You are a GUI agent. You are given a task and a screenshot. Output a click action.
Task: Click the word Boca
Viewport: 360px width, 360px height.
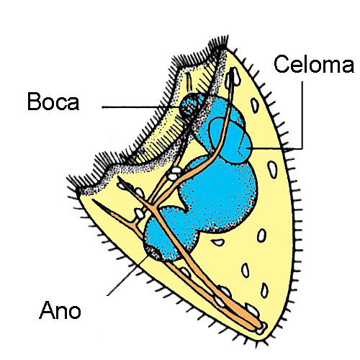click(x=53, y=102)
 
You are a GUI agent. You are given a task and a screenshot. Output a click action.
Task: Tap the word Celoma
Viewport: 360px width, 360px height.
click(x=314, y=64)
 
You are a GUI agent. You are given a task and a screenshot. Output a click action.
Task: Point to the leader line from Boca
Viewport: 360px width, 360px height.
click(x=141, y=107)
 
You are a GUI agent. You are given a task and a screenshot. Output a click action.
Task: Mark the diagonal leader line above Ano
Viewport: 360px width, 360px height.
click(x=127, y=276)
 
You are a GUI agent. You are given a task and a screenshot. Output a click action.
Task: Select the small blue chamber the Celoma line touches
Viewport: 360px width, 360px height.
click(x=230, y=139)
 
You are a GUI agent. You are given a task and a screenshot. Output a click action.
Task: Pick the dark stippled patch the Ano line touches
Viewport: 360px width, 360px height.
click(x=153, y=253)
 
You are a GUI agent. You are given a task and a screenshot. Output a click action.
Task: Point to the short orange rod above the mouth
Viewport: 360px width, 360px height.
click(x=189, y=82)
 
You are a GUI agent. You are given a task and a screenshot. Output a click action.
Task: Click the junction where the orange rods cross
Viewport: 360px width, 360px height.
click(x=153, y=207)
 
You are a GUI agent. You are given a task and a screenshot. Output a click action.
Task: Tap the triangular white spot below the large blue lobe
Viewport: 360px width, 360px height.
click(x=218, y=242)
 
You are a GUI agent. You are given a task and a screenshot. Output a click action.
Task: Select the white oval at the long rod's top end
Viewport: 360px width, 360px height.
click(x=233, y=77)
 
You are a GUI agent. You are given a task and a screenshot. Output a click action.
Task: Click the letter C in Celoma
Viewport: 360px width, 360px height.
click(x=282, y=64)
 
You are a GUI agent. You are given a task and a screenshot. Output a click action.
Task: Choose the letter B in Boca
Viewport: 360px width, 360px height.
click(x=34, y=102)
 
